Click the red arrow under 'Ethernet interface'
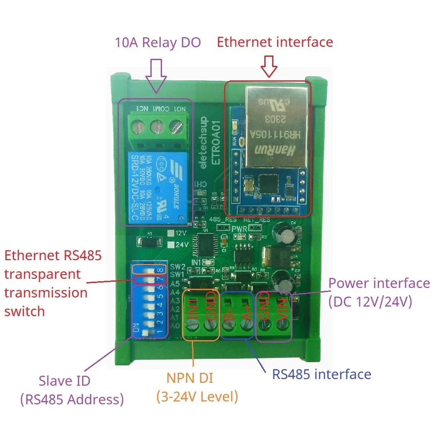click(270, 66)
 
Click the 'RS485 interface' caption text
click(321, 374)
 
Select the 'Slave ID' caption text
click(64, 380)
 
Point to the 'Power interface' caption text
click(379, 283)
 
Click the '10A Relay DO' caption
click(157, 43)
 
